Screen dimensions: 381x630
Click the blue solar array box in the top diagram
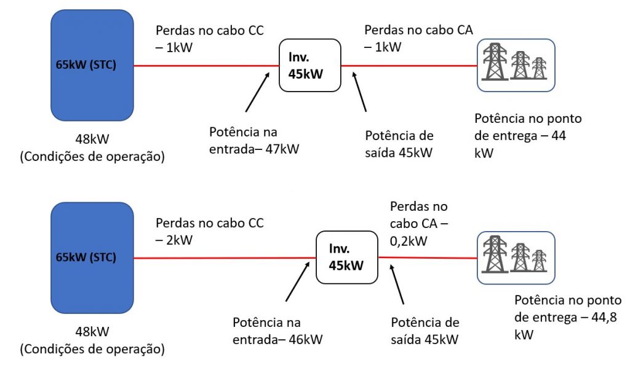tap(92, 65)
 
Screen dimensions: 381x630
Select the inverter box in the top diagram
tap(310, 66)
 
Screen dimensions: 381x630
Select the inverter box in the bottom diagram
tap(346, 257)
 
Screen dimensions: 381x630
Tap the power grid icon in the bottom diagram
tap(516, 257)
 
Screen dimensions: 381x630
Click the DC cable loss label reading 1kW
tap(209, 38)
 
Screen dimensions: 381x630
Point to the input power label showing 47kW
tap(253, 141)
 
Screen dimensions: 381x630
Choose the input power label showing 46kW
tap(277, 331)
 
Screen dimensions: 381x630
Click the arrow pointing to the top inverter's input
tap(257, 92)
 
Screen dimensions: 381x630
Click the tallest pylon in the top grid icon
tap(494, 61)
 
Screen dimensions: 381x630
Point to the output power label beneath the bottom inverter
tap(425, 331)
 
